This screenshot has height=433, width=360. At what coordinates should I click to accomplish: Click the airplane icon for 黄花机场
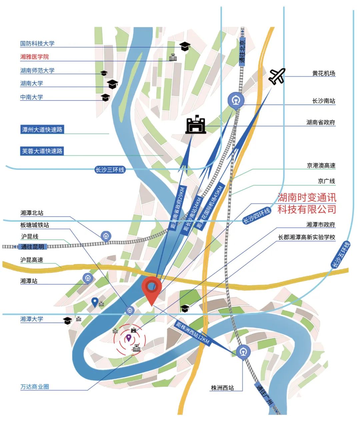pyautogui.click(x=277, y=76)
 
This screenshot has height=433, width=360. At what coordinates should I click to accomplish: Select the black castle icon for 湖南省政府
pyautogui.click(x=196, y=125)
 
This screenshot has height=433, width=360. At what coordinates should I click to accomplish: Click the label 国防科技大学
pyautogui.click(x=37, y=44)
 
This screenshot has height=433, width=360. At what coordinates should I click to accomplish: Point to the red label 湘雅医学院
pyautogui.click(x=34, y=57)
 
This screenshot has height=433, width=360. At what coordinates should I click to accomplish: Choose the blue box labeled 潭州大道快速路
pyautogui.click(x=42, y=130)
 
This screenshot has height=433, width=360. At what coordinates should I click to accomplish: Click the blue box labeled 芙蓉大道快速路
pyautogui.click(x=42, y=151)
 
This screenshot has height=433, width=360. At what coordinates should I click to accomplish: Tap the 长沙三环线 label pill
pyautogui.click(x=110, y=170)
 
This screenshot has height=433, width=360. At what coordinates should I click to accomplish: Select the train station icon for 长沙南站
pyautogui.click(x=236, y=100)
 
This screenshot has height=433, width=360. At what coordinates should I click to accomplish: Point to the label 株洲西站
pyautogui.click(x=222, y=388)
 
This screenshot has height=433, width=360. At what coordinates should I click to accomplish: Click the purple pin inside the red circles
pyautogui.click(x=128, y=338)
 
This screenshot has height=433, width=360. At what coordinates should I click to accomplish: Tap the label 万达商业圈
pyautogui.click(x=35, y=387)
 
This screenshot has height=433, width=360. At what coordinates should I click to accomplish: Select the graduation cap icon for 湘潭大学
pyautogui.click(x=68, y=320)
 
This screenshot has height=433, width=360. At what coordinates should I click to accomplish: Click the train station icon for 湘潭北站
pyautogui.click(x=106, y=236)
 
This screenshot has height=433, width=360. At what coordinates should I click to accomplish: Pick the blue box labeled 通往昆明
pyautogui.click(x=33, y=247)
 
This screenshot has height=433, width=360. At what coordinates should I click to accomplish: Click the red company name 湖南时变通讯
pyautogui.click(x=307, y=198)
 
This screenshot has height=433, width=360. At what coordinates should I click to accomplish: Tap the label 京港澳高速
pyautogui.click(x=321, y=166)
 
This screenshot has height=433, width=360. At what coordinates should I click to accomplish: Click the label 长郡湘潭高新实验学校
pyautogui.click(x=307, y=237)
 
